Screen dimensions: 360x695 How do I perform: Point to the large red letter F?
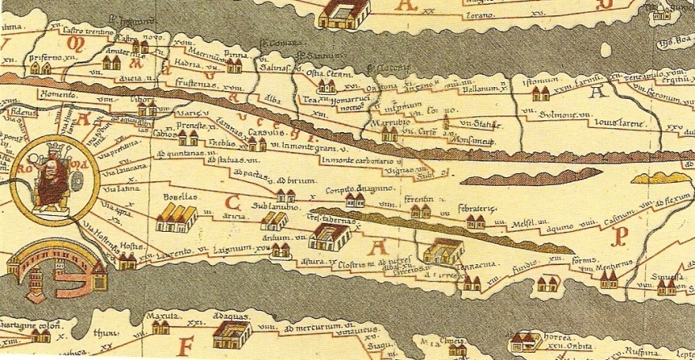point(187,346)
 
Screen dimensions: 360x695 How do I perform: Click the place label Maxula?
point(159,316)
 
